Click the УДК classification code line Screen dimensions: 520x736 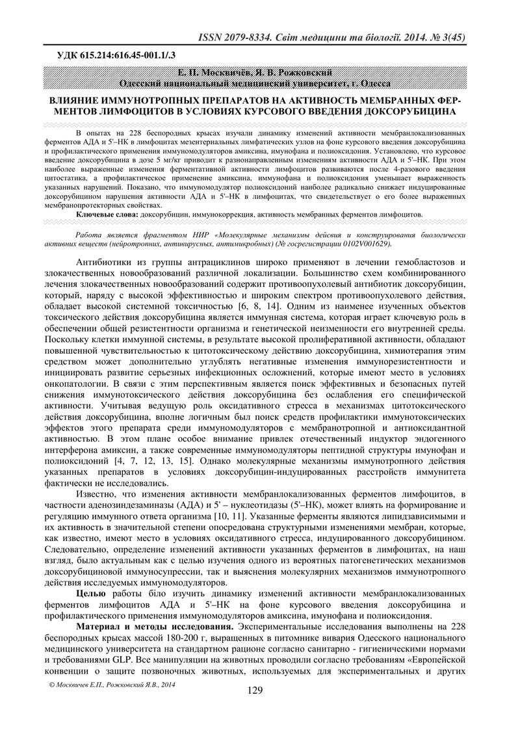click(110, 55)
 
